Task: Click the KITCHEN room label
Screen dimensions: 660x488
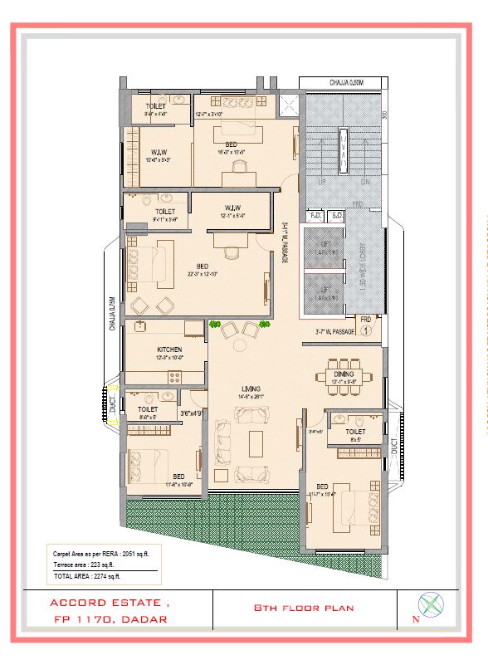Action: pyautogui.click(x=168, y=350)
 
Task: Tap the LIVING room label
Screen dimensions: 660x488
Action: pyautogui.click(x=251, y=388)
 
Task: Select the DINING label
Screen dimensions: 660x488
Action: pyautogui.click(x=344, y=374)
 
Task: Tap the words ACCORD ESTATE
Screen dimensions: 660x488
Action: pyautogui.click(x=109, y=602)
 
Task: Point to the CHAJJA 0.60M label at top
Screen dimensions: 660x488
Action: pyautogui.click(x=343, y=82)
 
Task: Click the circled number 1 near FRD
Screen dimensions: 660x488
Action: pyautogui.click(x=366, y=330)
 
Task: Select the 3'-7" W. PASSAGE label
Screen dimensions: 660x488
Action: pyautogui.click(x=334, y=332)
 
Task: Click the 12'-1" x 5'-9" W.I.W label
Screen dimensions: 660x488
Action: pyautogui.click(x=233, y=212)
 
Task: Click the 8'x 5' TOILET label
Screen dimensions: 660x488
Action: pyautogui.click(x=355, y=436)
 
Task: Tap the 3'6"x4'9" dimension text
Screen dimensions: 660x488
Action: pyautogui.click(x=192, y=413)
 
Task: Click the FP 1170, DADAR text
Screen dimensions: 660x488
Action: pyautogui.click(x=109, y=619)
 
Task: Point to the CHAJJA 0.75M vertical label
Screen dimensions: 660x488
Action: pyautogui.click(x=110, y=315)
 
